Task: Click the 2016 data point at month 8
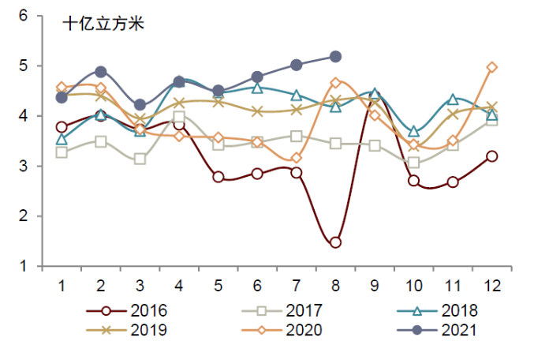coord(335,242)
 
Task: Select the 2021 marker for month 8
coord(335,57)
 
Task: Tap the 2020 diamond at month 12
coord(491,68)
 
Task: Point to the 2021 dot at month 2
coord(101,72)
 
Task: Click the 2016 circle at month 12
coord(491,156)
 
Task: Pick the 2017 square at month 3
coord(140,159)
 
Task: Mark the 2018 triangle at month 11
coord(453,99)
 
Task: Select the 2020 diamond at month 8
coord(335,83)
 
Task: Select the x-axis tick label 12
coord(491,284)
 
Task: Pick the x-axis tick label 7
coord(297,284)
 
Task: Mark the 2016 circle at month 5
coord(218,177)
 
